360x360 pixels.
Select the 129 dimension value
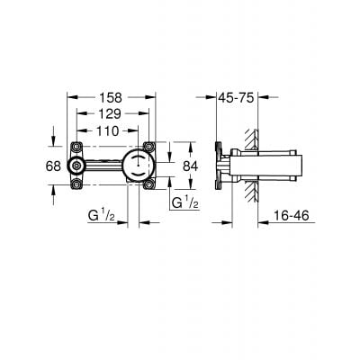pos(111,113)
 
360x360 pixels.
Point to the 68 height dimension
pos(53,165)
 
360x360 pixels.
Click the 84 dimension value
pos(191,165)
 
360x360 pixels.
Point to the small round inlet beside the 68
pos(78,165)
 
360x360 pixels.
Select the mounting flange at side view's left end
pos(220,165)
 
